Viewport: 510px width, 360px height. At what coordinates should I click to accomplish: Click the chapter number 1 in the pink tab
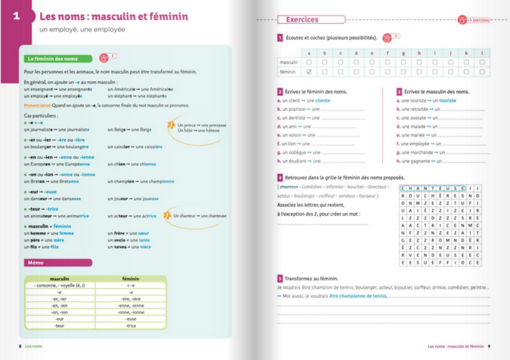[x=16, y=16]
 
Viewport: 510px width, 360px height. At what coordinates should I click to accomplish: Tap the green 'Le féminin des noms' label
[x=53, y=59]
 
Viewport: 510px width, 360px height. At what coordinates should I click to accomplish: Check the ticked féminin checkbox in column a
[x=309, y=72]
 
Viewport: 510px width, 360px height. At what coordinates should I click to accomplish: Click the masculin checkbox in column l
[x=482, y=63]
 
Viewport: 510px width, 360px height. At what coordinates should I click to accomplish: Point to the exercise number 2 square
[x=280, y=92]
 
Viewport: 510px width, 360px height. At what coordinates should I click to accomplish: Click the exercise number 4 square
[x=280, y=177]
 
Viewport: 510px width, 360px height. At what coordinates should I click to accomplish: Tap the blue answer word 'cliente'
[x=323, y=101]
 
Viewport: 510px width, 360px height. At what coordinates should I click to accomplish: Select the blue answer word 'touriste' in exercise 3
[x=447, y=101]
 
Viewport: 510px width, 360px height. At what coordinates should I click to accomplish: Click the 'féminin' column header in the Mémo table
[x=130, y=279]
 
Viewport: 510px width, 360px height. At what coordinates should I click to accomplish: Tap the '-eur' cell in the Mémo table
[x=59, y=319]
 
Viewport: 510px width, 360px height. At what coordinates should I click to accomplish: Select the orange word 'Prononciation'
[x=37, y=106]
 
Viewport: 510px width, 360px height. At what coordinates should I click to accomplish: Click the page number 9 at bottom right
[x=489, y=346]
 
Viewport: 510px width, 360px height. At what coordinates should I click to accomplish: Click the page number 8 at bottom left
[x=20, y=346]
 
